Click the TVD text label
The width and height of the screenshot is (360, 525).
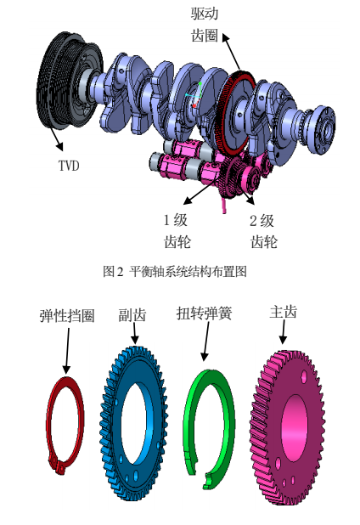click(68, 165)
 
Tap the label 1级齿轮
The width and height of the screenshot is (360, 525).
click(174, 231)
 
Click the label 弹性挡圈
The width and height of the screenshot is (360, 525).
click(67, 315)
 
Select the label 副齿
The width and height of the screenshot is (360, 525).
click(132, 315)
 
